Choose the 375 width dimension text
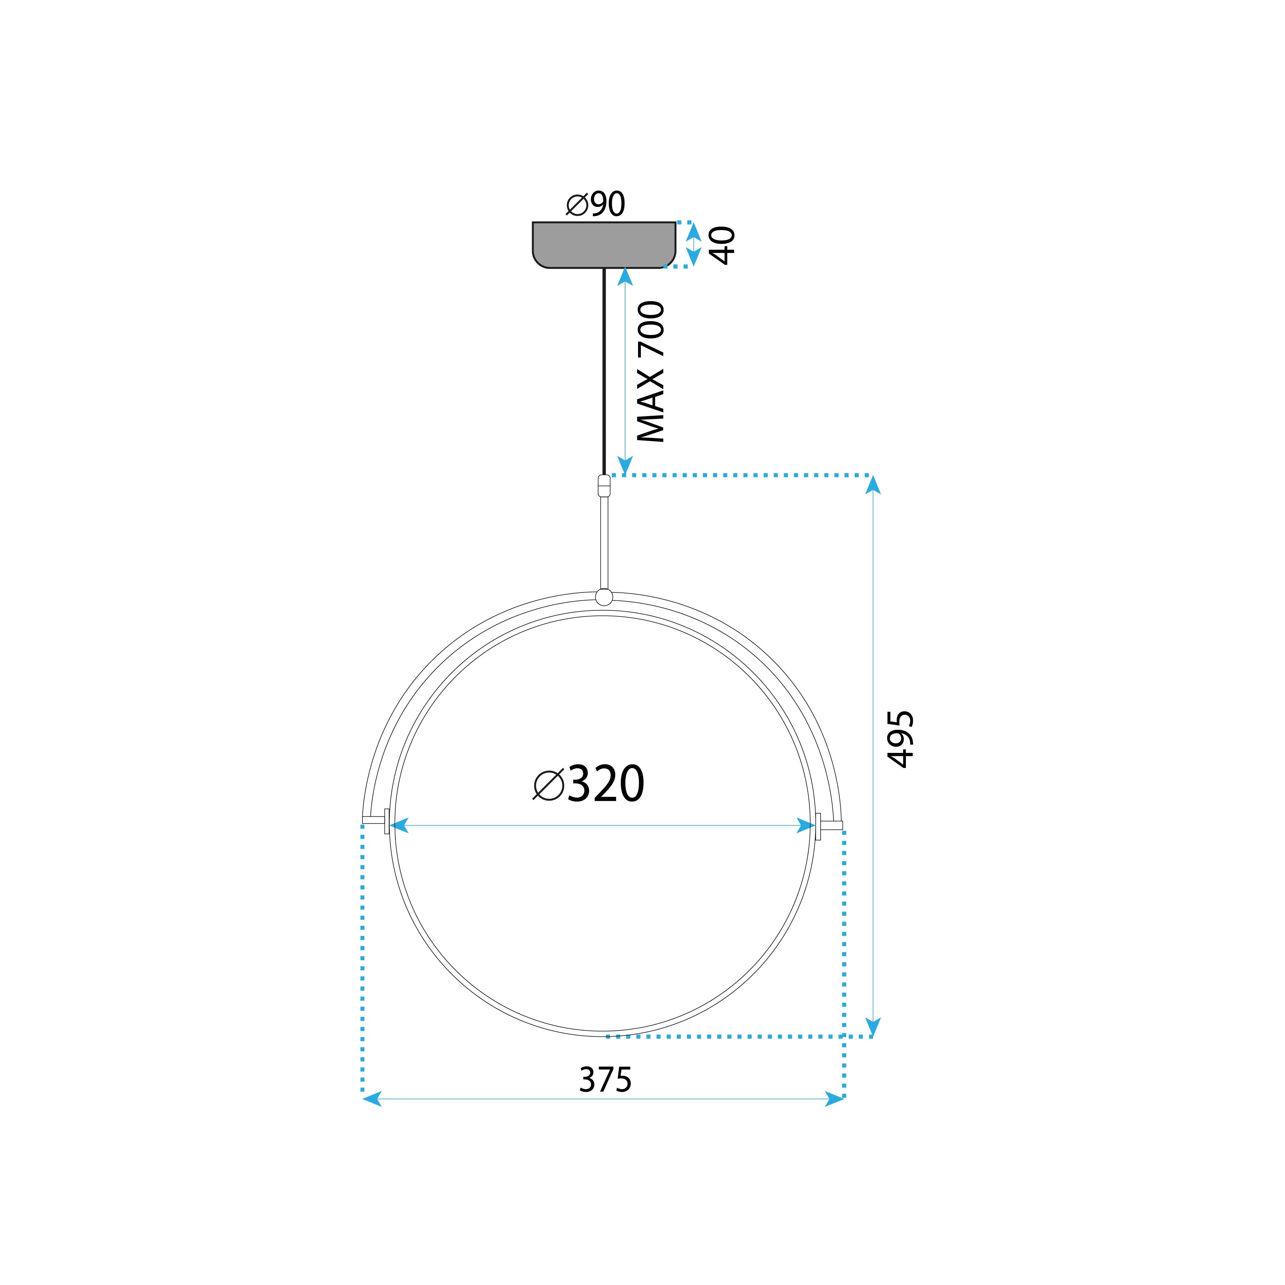pos(605,1080)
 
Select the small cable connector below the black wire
pos(604,486)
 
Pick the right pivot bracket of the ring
pos(819,826)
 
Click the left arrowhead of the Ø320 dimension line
pos(399,825)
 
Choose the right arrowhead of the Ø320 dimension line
pos(806,825)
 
